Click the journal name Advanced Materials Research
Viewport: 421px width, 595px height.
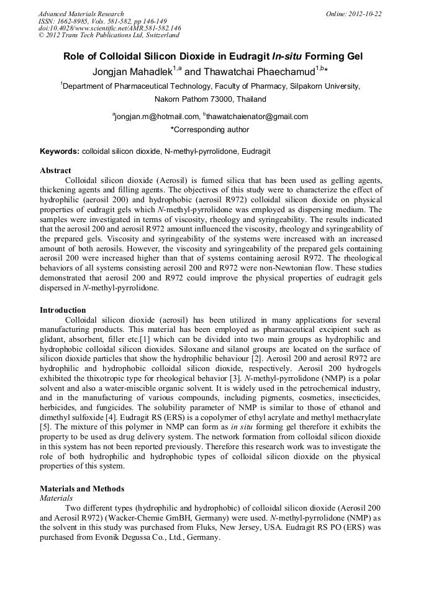(x=81, y=14)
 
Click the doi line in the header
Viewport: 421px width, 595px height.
(x=109, y=28)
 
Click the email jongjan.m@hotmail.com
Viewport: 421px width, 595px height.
(x=155, y=117)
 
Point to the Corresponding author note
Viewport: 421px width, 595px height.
(x=210, y=130)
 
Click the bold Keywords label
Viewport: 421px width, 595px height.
(x=60, y=151)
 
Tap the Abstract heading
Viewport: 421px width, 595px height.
(x=55, y=170)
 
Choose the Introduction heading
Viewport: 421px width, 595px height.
(x=63, y=310)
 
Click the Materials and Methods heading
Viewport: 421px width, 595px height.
(x=81, y=488)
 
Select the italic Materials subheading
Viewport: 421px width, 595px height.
(x=56, y=498)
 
